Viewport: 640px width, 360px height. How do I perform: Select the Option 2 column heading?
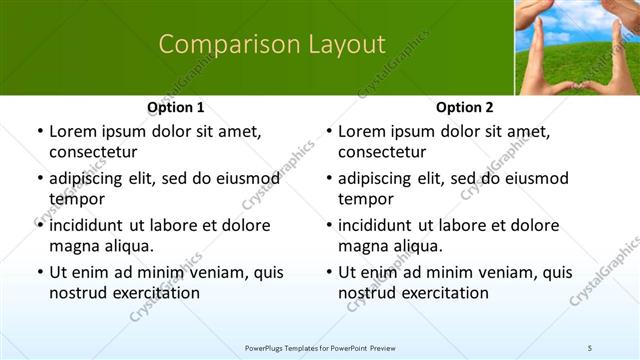tap(464, 107)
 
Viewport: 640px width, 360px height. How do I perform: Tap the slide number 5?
tap(590, 347)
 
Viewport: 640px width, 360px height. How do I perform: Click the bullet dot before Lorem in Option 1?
tap(39, 132)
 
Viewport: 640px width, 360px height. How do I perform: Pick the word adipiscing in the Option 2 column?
tap(381, 178)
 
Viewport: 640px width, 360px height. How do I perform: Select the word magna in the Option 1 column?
tap(73, 245)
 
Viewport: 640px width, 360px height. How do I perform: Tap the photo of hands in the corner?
tap(576, 47)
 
